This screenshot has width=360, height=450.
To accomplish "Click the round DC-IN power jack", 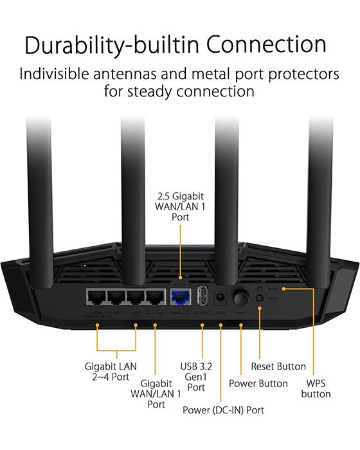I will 221,298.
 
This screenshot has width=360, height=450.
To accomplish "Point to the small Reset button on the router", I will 260,298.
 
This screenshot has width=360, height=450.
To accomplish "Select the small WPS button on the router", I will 260,289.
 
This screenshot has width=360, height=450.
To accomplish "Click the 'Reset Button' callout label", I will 278,366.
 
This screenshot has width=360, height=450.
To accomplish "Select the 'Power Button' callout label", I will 258,383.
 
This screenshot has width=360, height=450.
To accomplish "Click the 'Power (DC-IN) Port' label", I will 223,410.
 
